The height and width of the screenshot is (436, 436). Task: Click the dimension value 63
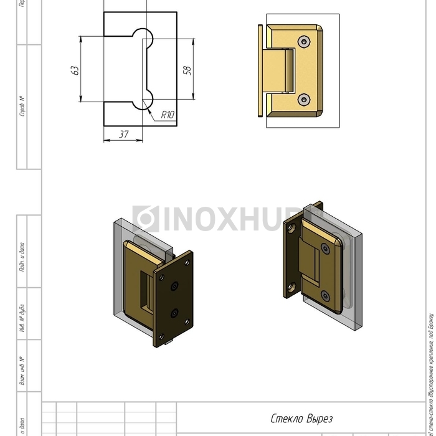pyautogui.click(x=75, y=70)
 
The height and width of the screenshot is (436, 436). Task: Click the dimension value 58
pyautogui.click(x=187, y=70)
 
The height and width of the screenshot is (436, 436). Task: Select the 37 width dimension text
pyautogui.click(x=123, y=134)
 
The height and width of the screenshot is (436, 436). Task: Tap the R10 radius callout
pyautogui.click(x=168, y=115)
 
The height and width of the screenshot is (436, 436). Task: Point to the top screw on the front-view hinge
pyautogui.click(x=303, y=42)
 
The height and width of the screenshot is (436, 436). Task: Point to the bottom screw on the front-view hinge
pyautogui.click(x=303, y=99)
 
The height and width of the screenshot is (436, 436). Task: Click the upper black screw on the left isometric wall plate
pyautogui.click(x=175, y=285)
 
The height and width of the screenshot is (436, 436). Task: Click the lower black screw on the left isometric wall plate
pyautogui.click(x=175, y=313)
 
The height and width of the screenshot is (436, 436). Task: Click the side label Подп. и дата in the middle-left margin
pyautogui.click(x=22, y=257)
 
